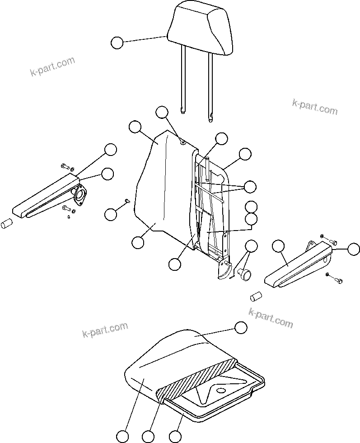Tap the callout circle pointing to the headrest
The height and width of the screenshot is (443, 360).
pos(117,43)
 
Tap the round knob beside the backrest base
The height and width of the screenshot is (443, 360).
pos(246,274)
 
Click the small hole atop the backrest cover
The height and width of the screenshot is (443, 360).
pos(182,143)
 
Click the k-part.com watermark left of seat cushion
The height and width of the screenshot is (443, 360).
pos(105,330)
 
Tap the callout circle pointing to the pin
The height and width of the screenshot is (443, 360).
pos(111,214)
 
